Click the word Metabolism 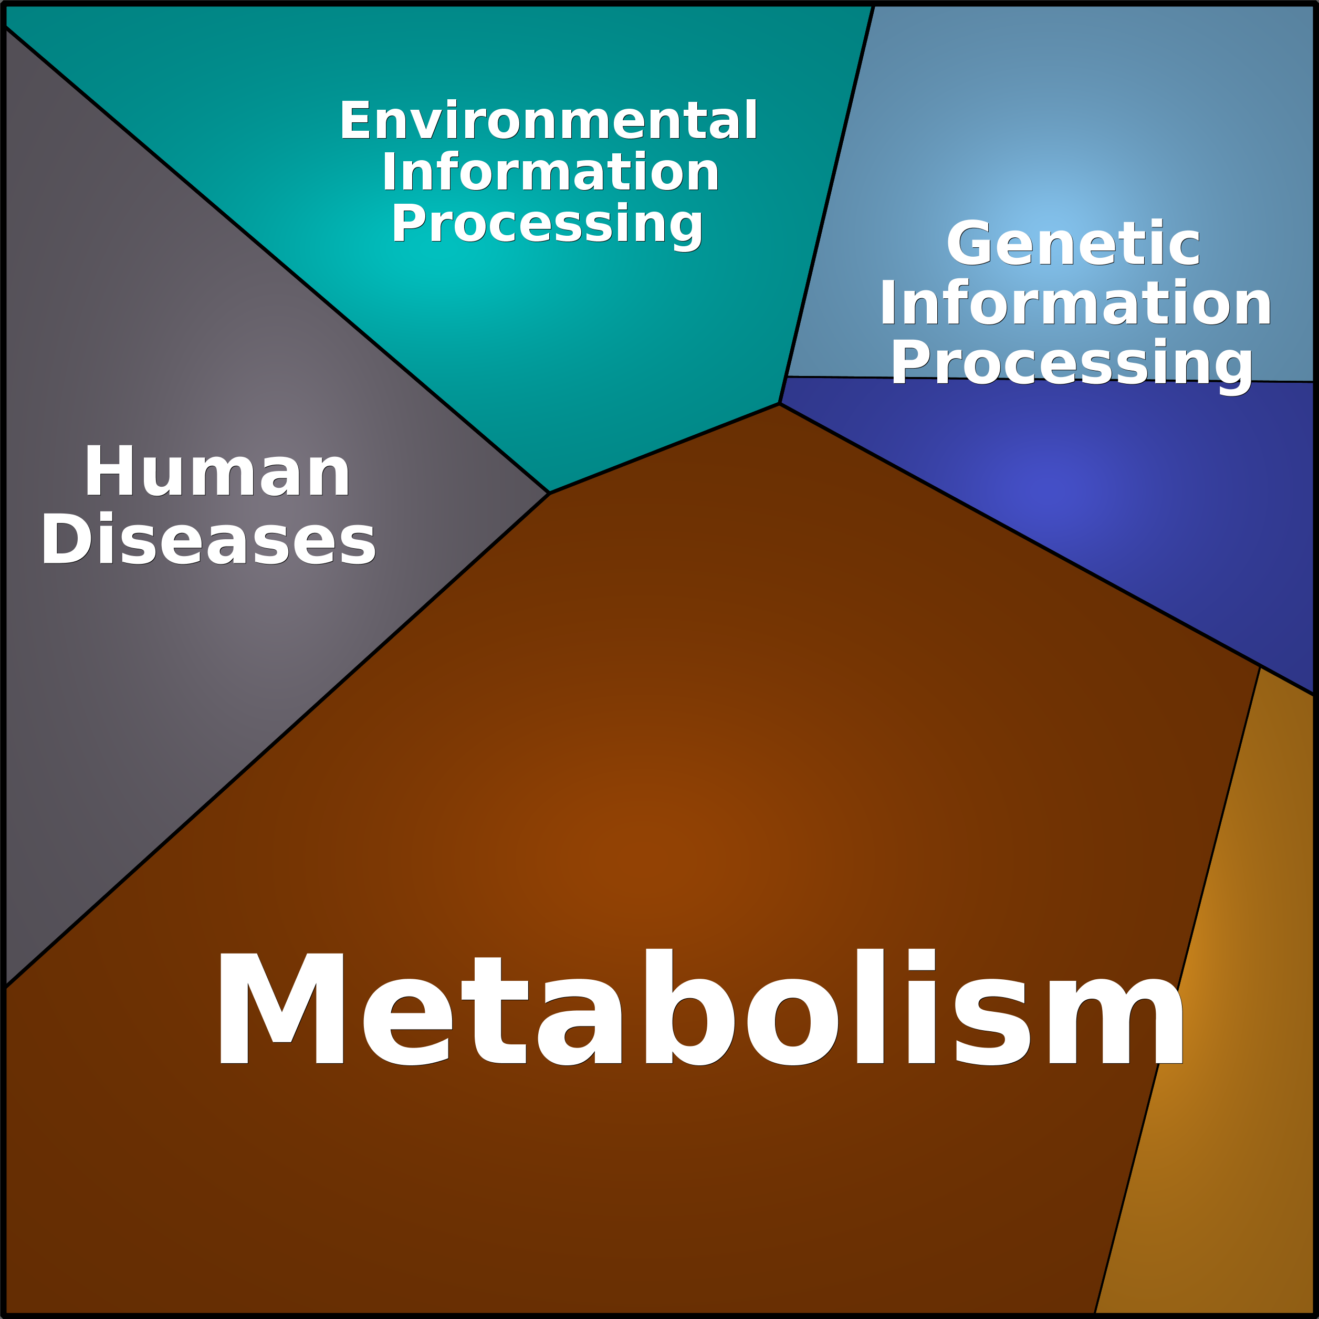tap(701, 1008)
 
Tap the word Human tap(217, 470)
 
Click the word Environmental tap(549, 120)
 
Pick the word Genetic tap(1073, 244)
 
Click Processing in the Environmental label tap(547, 225)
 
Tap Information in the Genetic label tap(1075, 302)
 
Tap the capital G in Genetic tap(971, 244)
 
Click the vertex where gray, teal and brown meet tap(550, 493)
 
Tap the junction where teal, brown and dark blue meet tap(780, 403)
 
